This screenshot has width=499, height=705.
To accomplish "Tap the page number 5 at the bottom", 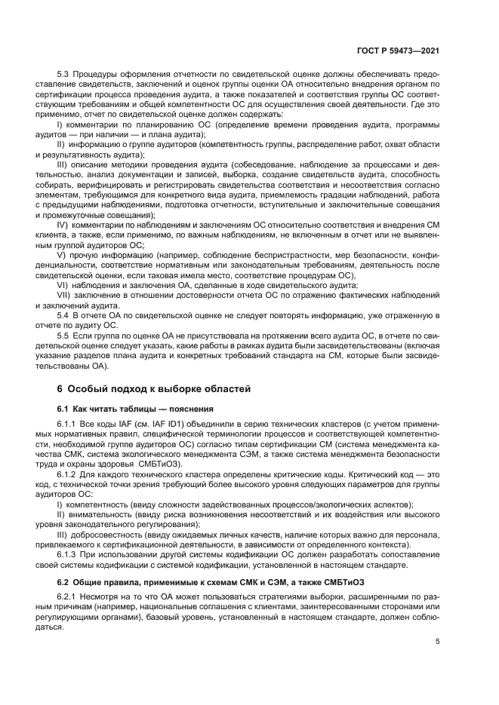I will pos(439,641).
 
